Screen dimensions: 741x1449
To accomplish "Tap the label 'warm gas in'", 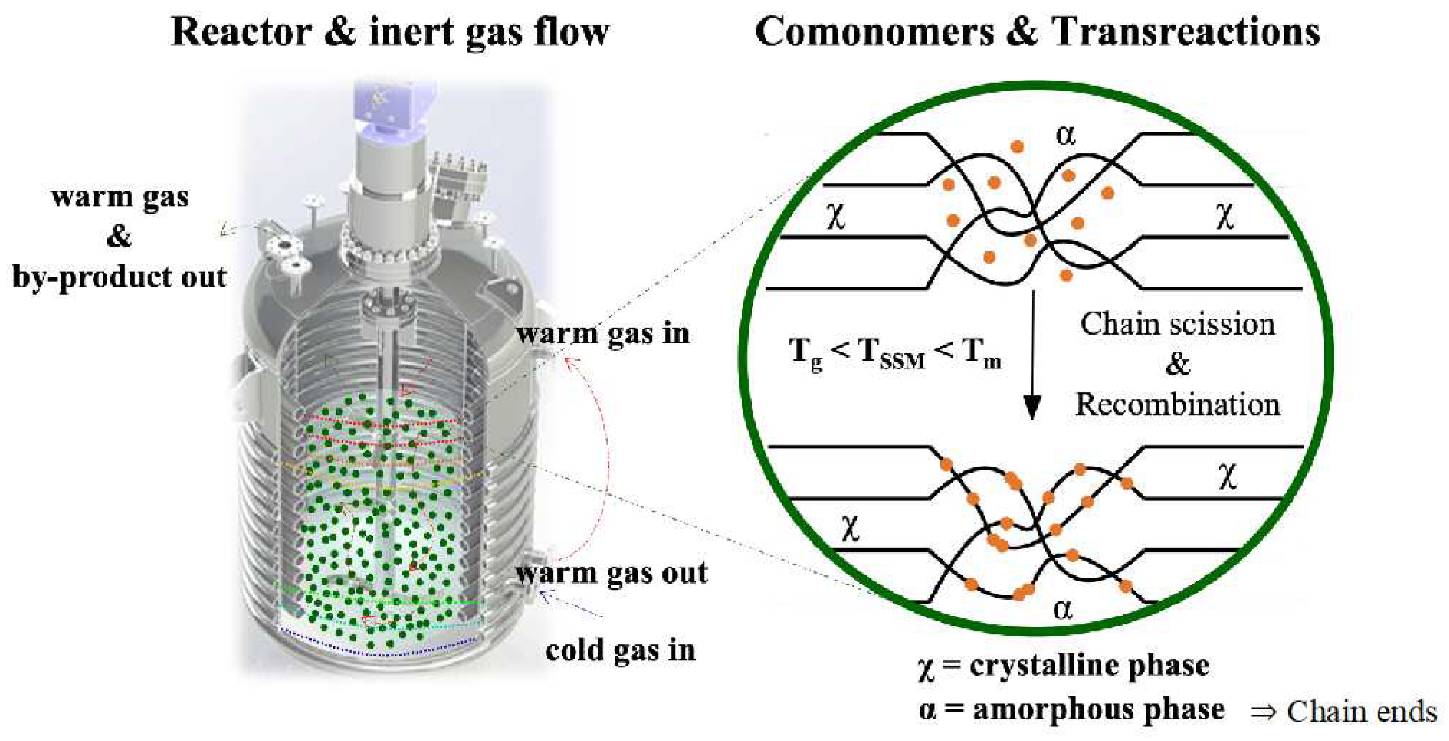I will point(603,333).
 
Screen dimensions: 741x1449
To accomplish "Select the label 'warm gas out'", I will point(612,573).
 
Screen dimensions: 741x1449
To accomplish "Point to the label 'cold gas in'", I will point(620,650).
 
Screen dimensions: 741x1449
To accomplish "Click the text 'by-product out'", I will point(119,276).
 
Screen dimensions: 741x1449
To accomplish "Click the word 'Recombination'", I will point(1177,404).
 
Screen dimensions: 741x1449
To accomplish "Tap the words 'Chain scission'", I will point(1177,324).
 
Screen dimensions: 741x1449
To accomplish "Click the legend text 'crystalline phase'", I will point(1089,666).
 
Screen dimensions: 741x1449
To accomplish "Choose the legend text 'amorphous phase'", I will point(1098,709).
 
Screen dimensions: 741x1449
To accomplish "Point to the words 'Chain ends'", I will point(1361,712).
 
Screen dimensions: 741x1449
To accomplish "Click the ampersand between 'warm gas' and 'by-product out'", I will point(119,237).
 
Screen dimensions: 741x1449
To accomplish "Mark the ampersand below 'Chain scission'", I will point(1177,365).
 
